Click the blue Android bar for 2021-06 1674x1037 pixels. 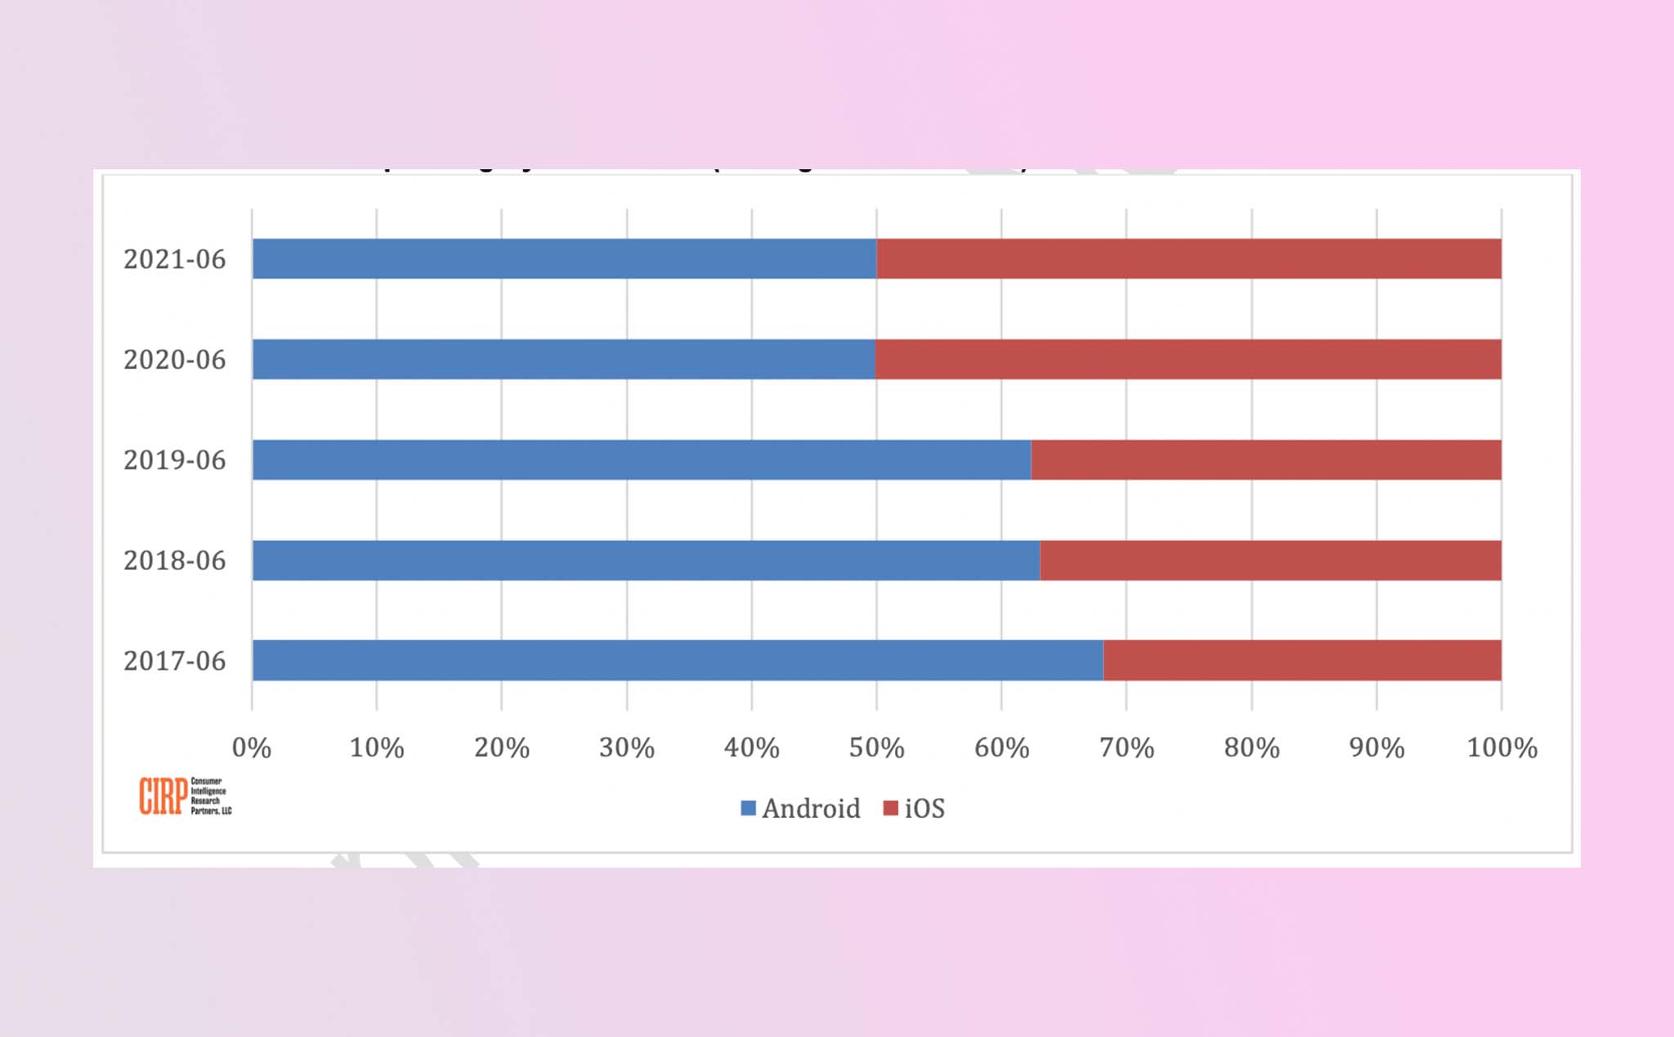coord(564,258)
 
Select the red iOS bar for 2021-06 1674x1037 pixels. coord(1188,258)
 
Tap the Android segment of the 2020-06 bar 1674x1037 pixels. coord(563,359)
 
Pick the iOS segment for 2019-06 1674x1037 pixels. coord(1266,460)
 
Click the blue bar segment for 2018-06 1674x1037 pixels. coord(646,560)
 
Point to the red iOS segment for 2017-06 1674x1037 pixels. coord(1302,660)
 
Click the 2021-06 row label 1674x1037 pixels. coord(174,259)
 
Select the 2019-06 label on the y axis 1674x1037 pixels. coord(174,460)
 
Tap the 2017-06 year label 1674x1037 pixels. coord(174,661)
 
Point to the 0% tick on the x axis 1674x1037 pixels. coord(251,747)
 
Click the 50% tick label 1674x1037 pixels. coord(876,747)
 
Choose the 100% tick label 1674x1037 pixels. coord(1502,747)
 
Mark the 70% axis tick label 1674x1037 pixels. coord(1126,747)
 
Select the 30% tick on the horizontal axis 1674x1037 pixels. coord(626,747)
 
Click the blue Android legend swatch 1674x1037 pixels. coord(748,808)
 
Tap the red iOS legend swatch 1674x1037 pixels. coord(891,808)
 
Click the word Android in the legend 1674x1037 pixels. coord(811,809)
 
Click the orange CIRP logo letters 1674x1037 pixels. coord(163,796)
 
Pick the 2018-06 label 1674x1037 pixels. coord(174,561)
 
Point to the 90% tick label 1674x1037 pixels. coord(1376,747)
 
